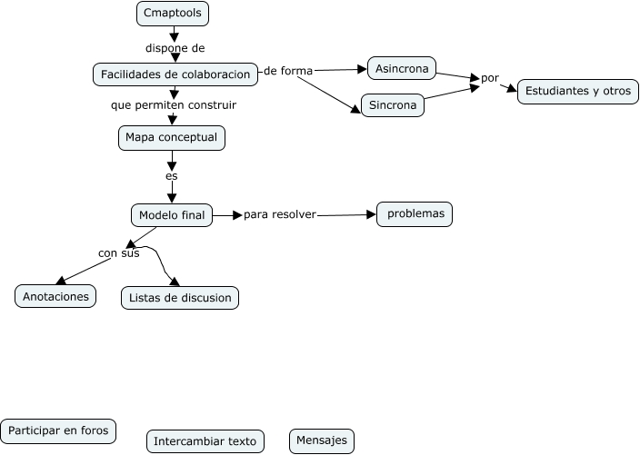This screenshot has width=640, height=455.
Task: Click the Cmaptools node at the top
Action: [173, 14]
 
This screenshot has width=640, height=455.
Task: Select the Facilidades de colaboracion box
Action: [175, 74]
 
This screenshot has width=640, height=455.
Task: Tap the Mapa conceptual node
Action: [171, 138]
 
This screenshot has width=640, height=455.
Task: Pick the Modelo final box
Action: [172, 215]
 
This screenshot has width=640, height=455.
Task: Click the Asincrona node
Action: [402, 68]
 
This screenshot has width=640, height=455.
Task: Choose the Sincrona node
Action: [393, 105]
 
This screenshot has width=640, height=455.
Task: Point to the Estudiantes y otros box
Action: [577, 92]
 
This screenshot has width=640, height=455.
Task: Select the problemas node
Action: [415, 213]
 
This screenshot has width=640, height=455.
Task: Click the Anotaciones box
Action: [55, 296]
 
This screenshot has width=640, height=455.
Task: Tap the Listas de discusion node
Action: [179, 298]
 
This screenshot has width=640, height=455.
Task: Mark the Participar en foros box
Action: [58, 430]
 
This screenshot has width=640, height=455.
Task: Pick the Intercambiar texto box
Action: [205, 441]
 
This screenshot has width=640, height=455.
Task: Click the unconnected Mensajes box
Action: [322, 440]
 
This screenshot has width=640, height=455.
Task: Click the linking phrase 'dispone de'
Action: [175, 47]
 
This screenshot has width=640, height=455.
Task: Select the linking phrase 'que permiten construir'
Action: [174, 105]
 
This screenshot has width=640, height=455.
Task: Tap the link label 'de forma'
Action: [288, 71]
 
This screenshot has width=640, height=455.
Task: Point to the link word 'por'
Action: [490, 78]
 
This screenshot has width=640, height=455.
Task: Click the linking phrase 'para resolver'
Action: [279, 215]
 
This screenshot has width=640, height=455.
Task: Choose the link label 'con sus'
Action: [118, 253]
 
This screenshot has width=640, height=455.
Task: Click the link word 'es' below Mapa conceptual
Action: [171, 175]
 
